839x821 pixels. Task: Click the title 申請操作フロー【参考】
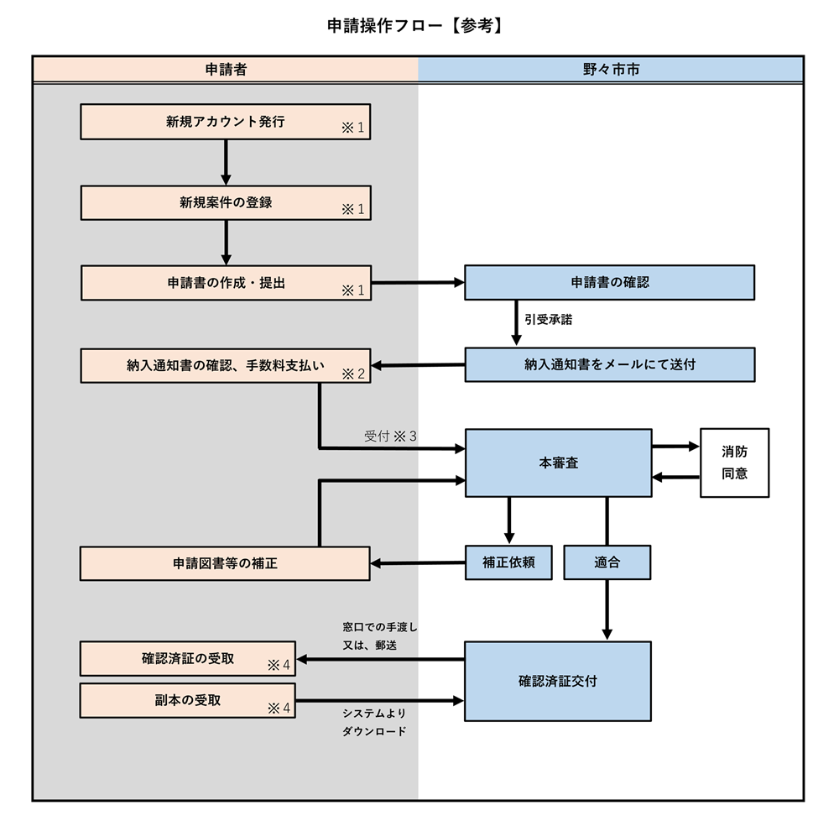[x=416, y=26]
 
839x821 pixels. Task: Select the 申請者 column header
[x=226, y=70]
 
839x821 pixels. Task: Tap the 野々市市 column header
[x=611, y=70]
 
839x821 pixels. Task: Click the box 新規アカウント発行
[x=226, y=122]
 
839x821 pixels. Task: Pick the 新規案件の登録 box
[x=226, y=203]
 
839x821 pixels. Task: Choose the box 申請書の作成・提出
[x=226, y=283]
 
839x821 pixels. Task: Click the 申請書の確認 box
[x=610, y=283]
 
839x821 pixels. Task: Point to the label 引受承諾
[x=549, y=320]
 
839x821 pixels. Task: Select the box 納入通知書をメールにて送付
[x=610, y=364]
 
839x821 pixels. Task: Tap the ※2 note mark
[x=352, y=374]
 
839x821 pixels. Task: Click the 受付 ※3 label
[x=390, y=437]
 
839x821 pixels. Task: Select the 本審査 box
[x=558, y=463]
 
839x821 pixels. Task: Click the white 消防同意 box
[x=734, y=463]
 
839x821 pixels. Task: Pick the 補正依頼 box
[x=509, y=562]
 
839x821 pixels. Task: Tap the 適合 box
[x=607, y=562]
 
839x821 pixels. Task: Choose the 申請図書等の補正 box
[x=226, y=563]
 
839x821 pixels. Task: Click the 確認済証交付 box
[x=558, y=681]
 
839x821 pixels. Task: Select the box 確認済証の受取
[x=188, y=658]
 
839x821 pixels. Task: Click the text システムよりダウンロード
[x=374, y=722]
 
